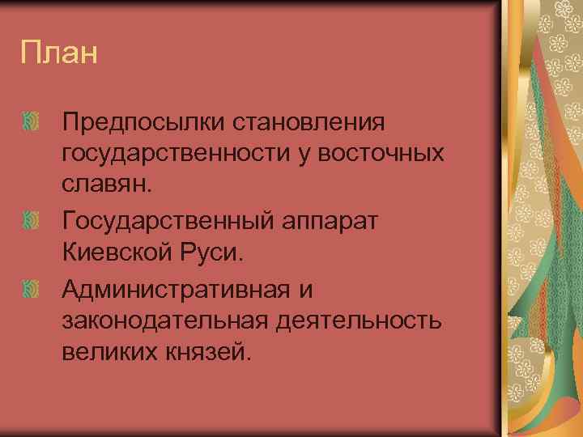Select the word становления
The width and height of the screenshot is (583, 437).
[309, 123]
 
